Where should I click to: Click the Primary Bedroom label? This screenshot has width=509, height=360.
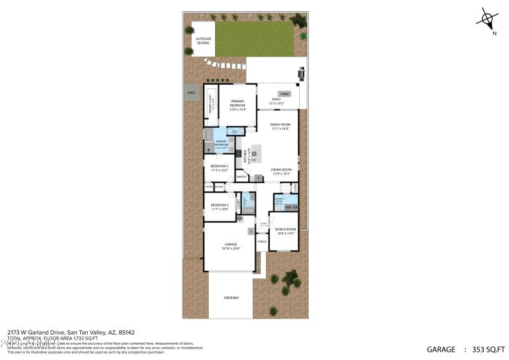pos(238,104)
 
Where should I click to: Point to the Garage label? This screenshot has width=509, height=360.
pos(230,246)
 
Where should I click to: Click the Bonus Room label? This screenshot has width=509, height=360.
pos(285,230)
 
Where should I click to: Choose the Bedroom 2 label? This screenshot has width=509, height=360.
pos(220,206)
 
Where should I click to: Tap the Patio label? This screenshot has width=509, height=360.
pos(277,100)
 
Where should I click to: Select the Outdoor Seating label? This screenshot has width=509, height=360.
pos(203,41)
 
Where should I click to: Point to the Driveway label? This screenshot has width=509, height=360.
pos(231,297)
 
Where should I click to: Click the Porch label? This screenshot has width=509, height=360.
pos(262,241)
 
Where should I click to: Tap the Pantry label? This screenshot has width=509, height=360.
pos(242,177)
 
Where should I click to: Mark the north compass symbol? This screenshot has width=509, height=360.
pos(487,19)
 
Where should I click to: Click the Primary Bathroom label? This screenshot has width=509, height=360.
pos(221,143)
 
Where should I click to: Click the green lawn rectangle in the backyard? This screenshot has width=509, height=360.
pos(254,39)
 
